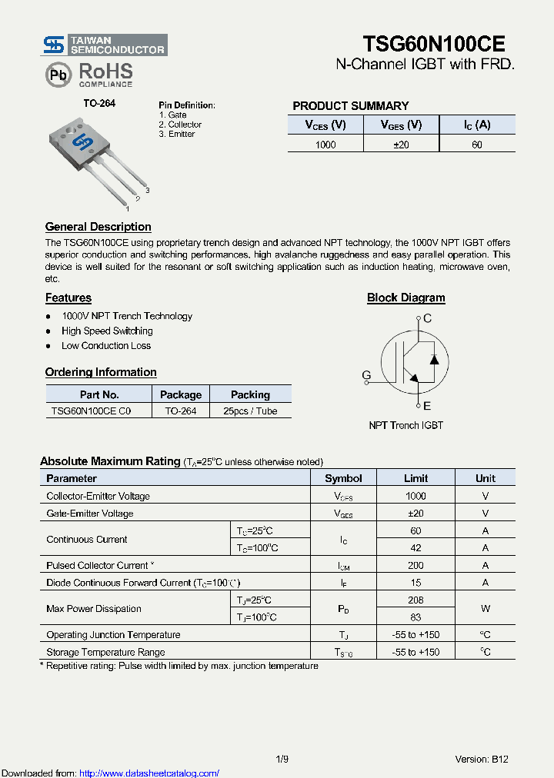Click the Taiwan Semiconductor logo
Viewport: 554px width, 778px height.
[104, 45]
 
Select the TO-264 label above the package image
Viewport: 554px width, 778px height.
[99, 103]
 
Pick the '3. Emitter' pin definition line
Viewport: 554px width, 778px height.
[177, 134]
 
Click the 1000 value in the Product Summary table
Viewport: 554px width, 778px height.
[325, 145]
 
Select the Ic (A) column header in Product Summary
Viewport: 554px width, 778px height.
[477, 125]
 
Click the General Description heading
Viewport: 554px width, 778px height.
[98, 227]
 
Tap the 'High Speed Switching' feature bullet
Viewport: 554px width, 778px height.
[107, 331]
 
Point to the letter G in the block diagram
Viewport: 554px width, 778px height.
[366, 375]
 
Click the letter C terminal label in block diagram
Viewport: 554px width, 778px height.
[428, 318]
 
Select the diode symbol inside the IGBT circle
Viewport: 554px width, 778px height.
[434, 359]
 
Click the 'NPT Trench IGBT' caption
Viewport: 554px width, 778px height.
[405, 425]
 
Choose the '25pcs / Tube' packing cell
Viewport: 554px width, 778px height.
[250, 411]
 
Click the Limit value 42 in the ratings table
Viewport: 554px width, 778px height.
[415, 548]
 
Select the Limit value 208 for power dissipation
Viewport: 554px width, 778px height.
[415, 600]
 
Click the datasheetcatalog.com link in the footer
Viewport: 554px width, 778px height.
[149, 773]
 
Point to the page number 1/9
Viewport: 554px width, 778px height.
[282, 759]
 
